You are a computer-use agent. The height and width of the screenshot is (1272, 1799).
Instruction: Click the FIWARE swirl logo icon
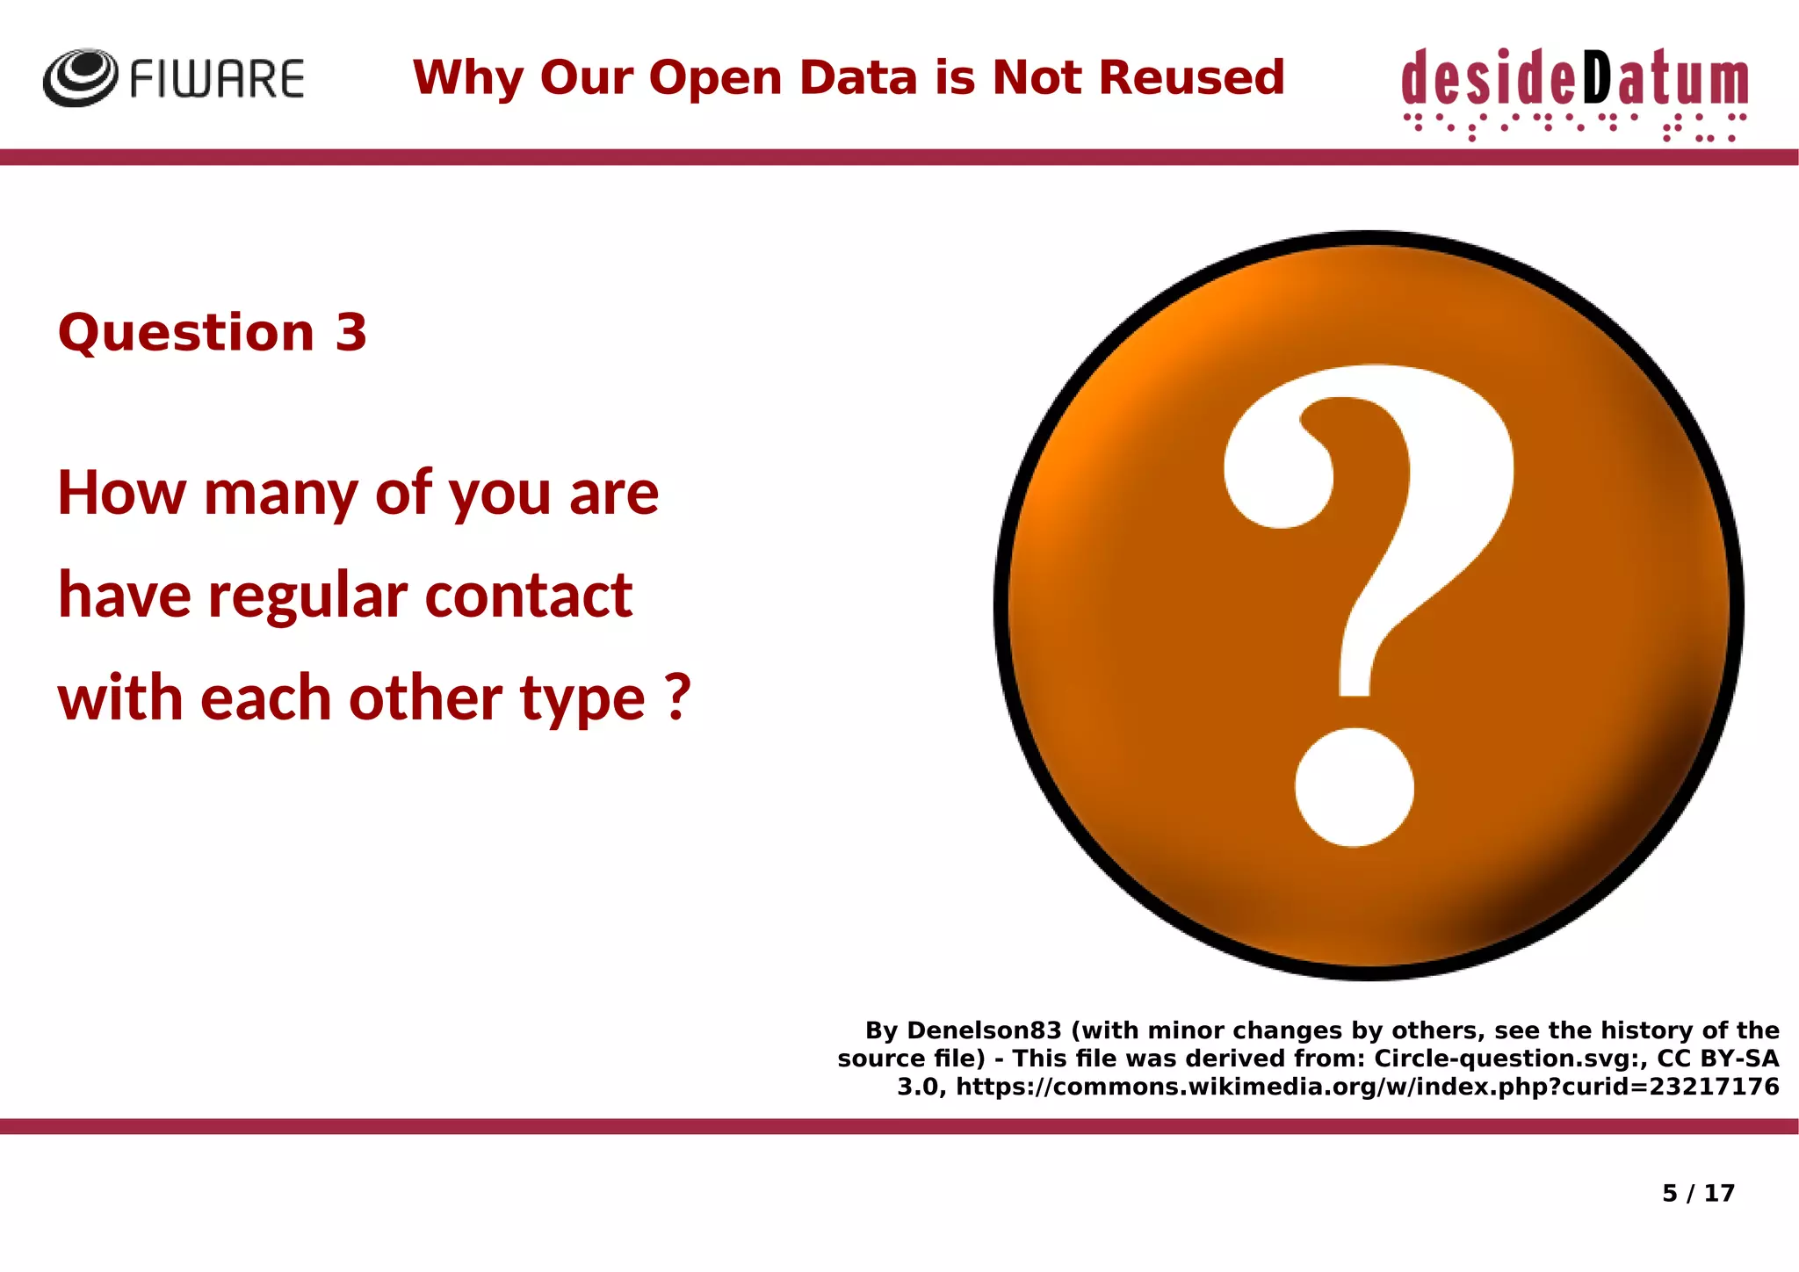[x=80, y=77]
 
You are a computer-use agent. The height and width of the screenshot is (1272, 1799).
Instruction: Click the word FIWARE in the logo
[x=217, y=79]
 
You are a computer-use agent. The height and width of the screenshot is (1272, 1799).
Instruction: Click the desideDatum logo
[x=1574, y=91]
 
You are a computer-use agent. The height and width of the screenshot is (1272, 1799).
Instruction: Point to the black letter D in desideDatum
[x=1598, y=78]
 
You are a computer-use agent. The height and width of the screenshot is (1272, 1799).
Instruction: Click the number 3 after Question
[x=350, y=333]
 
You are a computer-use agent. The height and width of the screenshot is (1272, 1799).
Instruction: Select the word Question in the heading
[x=185, y=333]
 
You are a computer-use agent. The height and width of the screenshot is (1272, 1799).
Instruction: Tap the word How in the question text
[x=122, y=493]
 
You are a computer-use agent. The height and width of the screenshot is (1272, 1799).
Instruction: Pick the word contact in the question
[x=529, y=596]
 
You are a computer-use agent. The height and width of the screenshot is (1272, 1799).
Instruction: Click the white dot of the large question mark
[x=1354, y=787]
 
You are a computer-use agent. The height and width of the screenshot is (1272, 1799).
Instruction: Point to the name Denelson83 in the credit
[x=984, y=1030]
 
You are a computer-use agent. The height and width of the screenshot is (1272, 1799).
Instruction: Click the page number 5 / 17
[x=1698, y=1193]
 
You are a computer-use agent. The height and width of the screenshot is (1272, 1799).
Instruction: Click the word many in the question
[x=280, y=495]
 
